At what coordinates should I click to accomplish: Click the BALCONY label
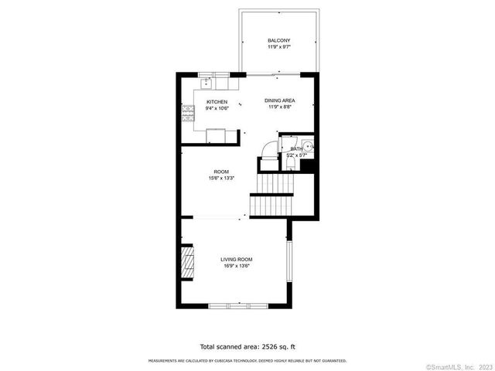pos(278,41)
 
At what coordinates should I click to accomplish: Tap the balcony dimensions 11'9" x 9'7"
pos(278,48)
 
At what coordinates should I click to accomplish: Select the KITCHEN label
pos(217,102)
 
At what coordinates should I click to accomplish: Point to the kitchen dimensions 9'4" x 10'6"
pos(217,109)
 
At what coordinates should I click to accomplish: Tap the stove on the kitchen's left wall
pos(186,115)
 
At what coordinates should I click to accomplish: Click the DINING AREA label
pos(278,100)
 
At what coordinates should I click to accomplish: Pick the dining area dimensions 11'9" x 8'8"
pos(278,107)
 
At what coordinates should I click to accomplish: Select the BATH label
pos(296,148)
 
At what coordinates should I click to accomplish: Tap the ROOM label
pos(221,172)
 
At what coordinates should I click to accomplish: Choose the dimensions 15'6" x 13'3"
pos(221,179)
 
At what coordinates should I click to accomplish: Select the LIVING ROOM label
pos(236,259)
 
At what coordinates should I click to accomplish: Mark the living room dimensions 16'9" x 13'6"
pos(236,266)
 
